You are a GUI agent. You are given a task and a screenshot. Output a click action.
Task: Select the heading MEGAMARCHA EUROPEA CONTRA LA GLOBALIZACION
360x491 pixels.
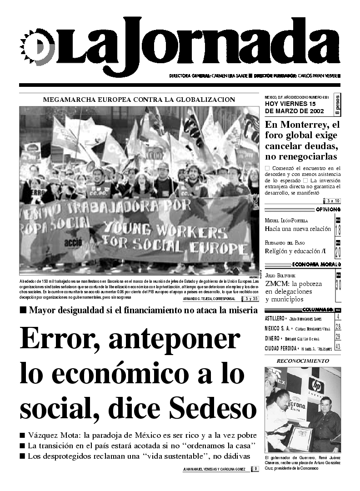point(139,99)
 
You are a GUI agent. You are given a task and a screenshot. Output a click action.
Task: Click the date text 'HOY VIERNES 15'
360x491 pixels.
point(290,104)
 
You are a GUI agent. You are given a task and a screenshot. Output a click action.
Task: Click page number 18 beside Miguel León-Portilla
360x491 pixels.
point(338,229)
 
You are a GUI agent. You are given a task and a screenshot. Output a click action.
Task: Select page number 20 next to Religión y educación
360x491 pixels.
point(338,251)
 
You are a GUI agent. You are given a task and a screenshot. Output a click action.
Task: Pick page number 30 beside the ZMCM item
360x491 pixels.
point(338,285)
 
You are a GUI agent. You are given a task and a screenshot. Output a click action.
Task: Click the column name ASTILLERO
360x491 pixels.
point(275,318)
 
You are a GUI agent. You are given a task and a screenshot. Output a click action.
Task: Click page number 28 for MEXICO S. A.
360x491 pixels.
point(338,327)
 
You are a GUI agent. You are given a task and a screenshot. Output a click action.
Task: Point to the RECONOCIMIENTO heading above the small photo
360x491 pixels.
point(302,361)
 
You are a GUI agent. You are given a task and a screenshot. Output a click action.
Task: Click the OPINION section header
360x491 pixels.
point(328,209)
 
